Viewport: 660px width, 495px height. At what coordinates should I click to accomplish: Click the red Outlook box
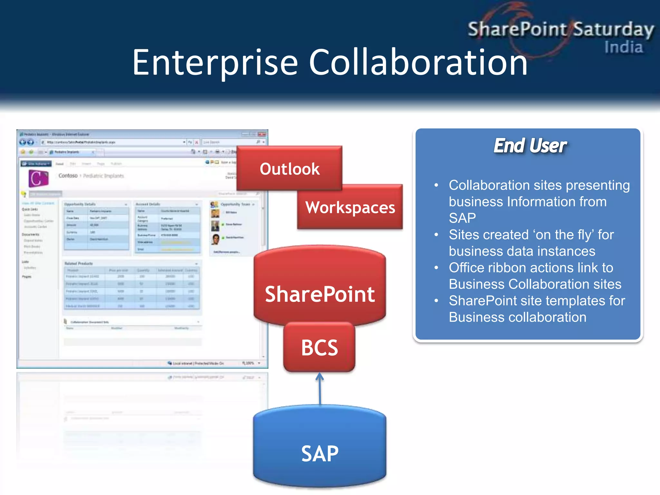click(x=289, y=169)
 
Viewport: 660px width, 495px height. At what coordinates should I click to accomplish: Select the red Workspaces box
click(x=350, y=207)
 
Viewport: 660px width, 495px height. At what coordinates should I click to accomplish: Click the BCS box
click(x=319, y=347)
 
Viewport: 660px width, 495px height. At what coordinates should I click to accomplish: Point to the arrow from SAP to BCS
click(x=320, y=388)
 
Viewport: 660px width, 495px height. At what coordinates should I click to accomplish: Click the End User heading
click(x=530, y=146)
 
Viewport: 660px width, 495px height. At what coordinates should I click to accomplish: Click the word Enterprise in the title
click(x=215, y=63)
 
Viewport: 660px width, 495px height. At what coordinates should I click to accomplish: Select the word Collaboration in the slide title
click(x=418, y=63)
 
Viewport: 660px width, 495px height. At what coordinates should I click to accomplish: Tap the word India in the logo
click(x=623, y=47)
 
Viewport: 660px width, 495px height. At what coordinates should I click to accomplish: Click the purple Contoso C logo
click(x=38, y=178)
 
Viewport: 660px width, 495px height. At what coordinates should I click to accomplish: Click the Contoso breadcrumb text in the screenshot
click(x=68, y=176)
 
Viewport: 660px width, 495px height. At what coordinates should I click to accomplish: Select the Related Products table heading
click(x=79, y=264)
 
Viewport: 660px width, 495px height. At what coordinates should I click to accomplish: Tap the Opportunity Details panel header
click(x=80, y=204)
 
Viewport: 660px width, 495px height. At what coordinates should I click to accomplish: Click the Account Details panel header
click(x=148, y=204)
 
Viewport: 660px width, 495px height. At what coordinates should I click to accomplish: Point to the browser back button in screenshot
click(x=23, y=142)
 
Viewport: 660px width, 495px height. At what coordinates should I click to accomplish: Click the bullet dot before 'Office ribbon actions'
click(x=436, y=267)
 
